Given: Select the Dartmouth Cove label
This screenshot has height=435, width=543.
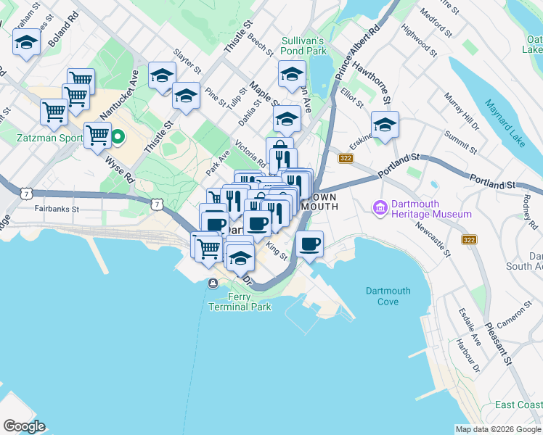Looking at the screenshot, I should coord(388,296).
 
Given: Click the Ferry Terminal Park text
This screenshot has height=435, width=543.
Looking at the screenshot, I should coord(240,302).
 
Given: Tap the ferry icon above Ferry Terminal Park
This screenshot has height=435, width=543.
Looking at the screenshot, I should coord(213,283).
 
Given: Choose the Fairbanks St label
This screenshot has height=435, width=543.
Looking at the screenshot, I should coord(57,208).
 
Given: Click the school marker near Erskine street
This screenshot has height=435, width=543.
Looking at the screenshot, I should coord(385,123).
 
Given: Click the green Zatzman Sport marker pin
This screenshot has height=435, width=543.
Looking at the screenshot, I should coord(116,136).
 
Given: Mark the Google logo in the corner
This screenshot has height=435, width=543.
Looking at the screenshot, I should coord(24,426).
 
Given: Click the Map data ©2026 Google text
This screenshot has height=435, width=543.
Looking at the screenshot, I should coord(498,429).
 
